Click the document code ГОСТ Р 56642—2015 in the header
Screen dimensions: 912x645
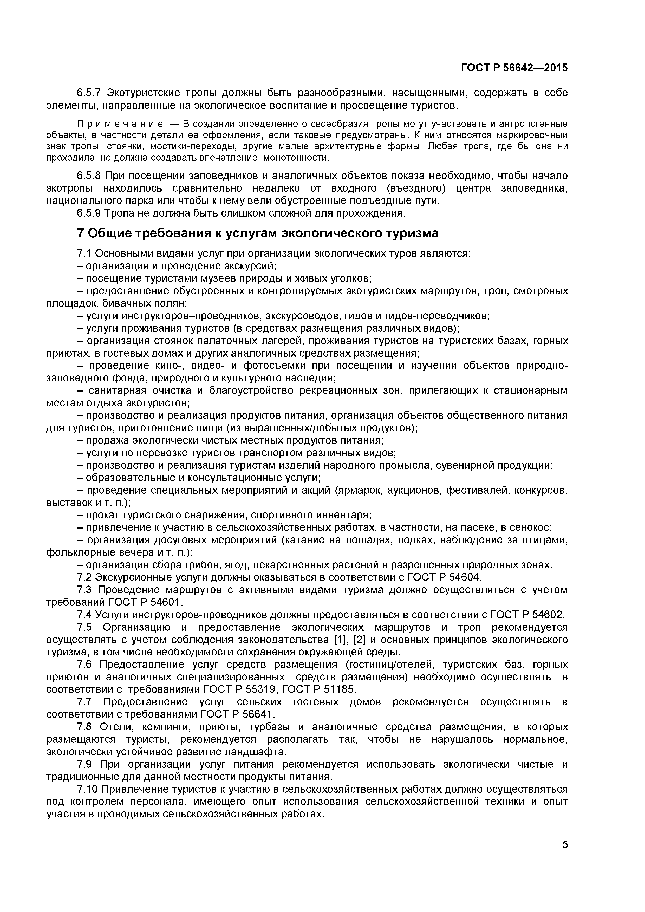tap(514, 68)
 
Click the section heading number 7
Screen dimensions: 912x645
tap(81, 233)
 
